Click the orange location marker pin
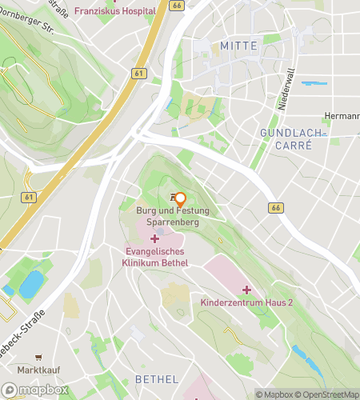(180, 199)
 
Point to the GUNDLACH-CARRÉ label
(291, 138)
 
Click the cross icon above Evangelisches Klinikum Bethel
(155, 239)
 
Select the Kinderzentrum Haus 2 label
(247, 304)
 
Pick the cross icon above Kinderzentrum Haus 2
(247, 290)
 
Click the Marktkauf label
(38, 370)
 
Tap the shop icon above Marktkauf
(38, 357)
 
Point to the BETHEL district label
(157, 378)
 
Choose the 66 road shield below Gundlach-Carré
(277, 208)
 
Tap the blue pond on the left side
(31, 284)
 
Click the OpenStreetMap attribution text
(327, 394)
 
